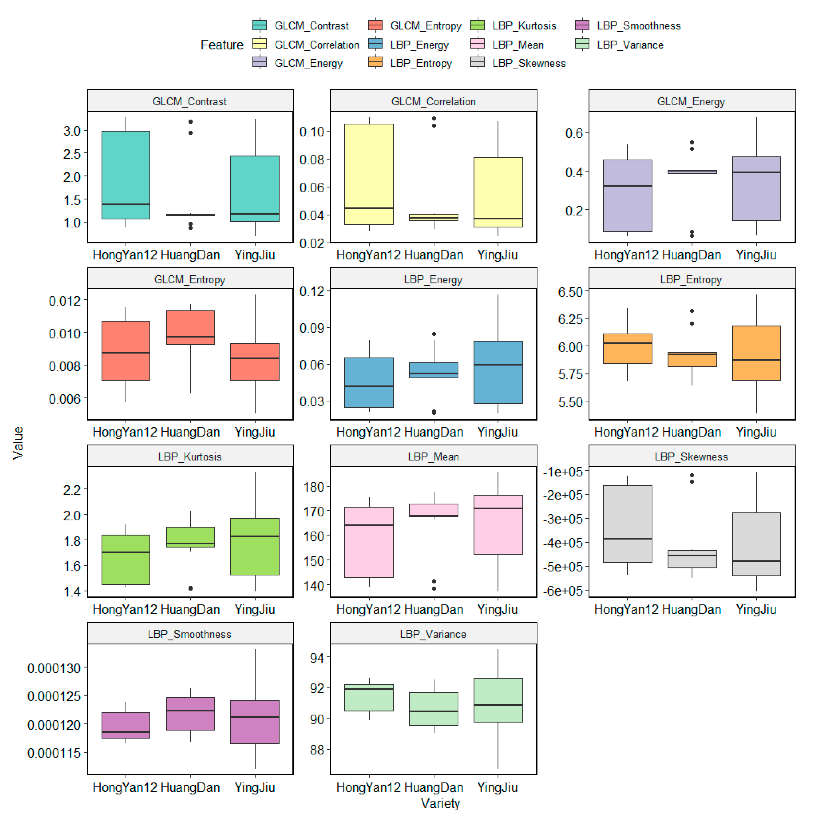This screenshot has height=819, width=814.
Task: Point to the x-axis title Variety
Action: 440,803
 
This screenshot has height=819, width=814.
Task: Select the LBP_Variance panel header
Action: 433,634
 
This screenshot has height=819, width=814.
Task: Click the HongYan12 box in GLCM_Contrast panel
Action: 126,175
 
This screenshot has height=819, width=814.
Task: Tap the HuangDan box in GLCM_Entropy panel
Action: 190,327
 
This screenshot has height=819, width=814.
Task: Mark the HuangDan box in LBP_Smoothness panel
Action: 190,713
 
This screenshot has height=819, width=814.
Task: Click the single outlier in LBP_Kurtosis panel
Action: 190,588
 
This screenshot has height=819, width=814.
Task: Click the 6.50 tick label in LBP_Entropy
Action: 570,292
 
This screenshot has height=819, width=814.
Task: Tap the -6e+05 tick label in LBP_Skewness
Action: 563,590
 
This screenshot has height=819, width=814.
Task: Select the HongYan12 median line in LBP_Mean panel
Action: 369,525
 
